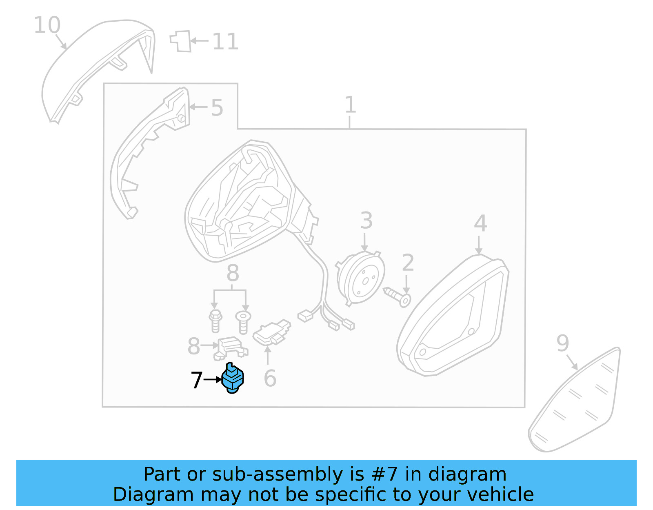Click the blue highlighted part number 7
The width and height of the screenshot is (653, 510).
(x=233, y=378)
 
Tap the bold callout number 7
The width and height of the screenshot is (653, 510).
(x=196, y=380)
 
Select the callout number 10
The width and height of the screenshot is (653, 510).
(x=47, y=25)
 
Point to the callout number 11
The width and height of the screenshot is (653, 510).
(x=225, y=42)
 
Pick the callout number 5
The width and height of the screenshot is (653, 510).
(x=217, y=108)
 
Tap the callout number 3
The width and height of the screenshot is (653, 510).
(x=366, y=220)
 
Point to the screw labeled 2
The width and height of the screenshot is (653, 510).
(x=398, y=296)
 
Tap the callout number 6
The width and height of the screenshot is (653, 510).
(x=270, y=379)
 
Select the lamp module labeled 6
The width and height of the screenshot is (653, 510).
(x=271, y=332)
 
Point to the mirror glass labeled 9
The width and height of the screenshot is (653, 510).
(x=575, y=404)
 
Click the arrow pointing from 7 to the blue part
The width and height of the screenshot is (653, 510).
(x=212, y=380)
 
